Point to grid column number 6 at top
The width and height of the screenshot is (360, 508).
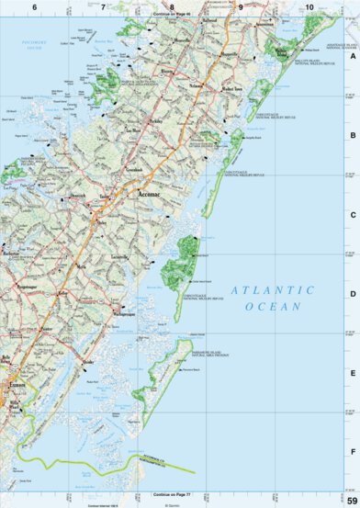pos(34,6)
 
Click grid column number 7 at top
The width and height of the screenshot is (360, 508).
pos(102,6)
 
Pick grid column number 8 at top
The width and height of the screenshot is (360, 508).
pos(171,6)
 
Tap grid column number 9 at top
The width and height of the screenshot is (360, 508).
pos(241,6)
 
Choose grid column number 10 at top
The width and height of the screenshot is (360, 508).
pos(309,6)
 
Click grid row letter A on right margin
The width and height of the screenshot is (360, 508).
pos(353,55)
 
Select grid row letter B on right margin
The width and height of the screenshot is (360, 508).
pos(353,135)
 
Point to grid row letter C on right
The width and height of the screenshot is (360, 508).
pos(353,215)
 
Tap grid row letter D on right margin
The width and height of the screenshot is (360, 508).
pos(353,295)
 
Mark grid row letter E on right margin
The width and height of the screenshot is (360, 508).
pos(353,374)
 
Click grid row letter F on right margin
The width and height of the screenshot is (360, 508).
pos(353,452)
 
